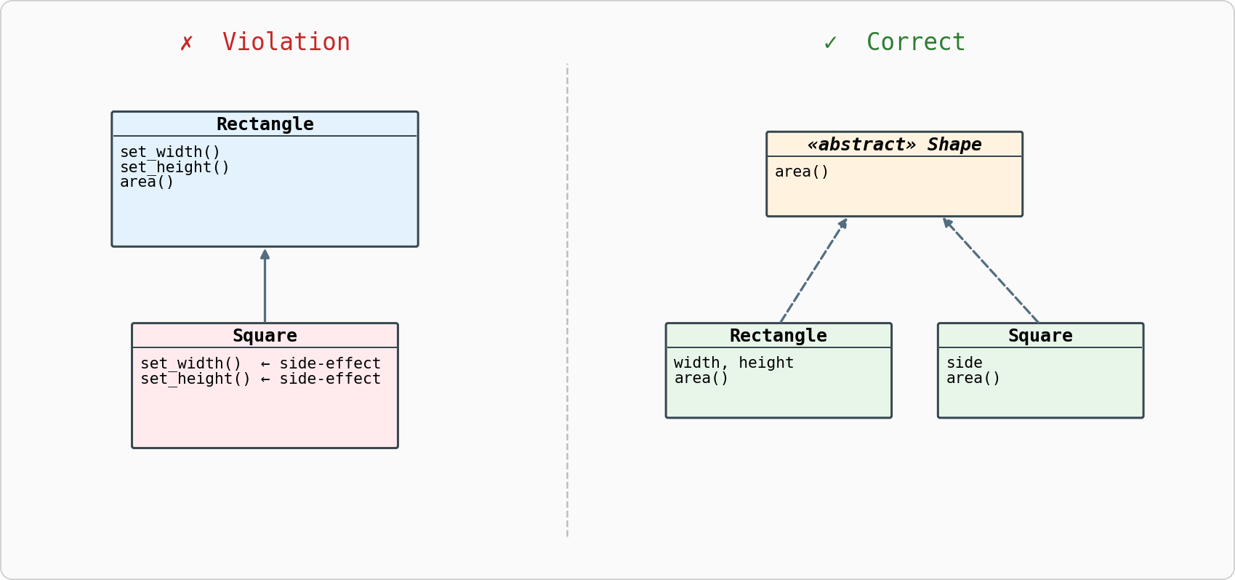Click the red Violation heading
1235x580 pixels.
tap(286, 42)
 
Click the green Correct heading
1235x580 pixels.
tap(915, 42)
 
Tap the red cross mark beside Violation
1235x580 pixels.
tap(187, 43)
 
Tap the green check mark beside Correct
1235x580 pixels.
tap(830, 43)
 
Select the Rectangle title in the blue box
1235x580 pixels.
tap(265, 124)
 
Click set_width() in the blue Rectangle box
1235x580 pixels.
tap(170, 152)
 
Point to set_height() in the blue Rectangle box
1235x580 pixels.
tap(174, 167)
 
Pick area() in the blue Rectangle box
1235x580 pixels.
tap(147, 182)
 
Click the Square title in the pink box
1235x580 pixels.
tap(265, 336)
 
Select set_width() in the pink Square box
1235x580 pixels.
tap(190, 363)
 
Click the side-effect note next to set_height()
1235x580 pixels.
tap(329, 379)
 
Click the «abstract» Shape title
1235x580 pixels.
tap(894, 145)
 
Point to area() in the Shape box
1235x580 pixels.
tap(801, 172)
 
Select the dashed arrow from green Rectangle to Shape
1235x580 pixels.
tap(813, 270)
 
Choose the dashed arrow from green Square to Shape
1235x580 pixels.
tap(991, 270)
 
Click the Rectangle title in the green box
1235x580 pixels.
tap(778, 336)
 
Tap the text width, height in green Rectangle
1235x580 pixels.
tap(733, 363)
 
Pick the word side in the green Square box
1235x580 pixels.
tap(964, 363)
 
